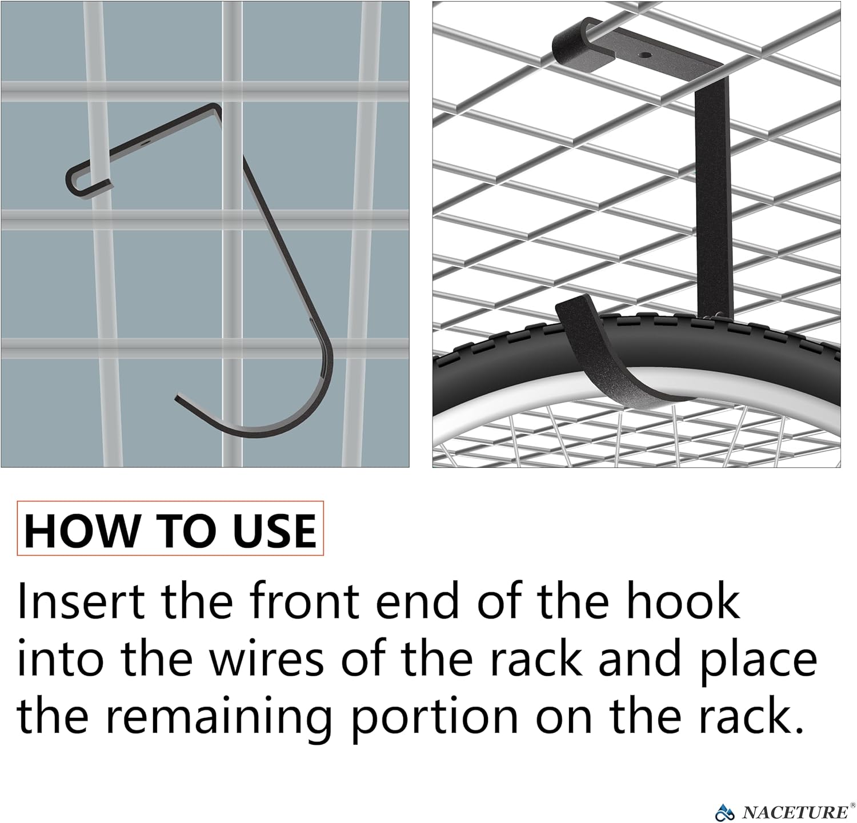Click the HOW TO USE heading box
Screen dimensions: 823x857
click(x=170, y=529)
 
